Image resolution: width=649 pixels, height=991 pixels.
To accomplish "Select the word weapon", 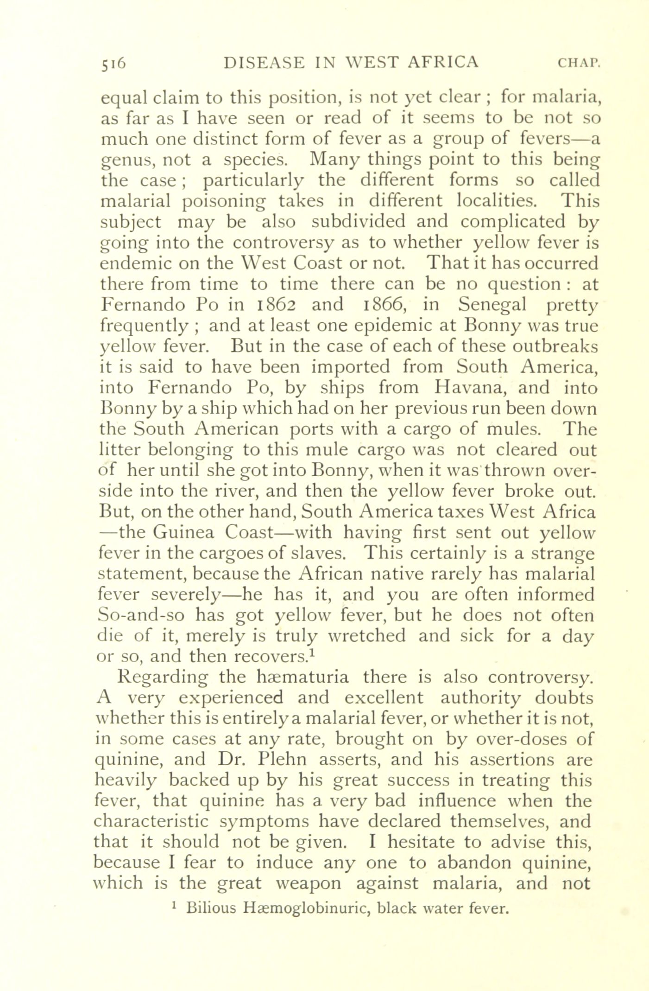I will pyautogui.click(x=308, y=883).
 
